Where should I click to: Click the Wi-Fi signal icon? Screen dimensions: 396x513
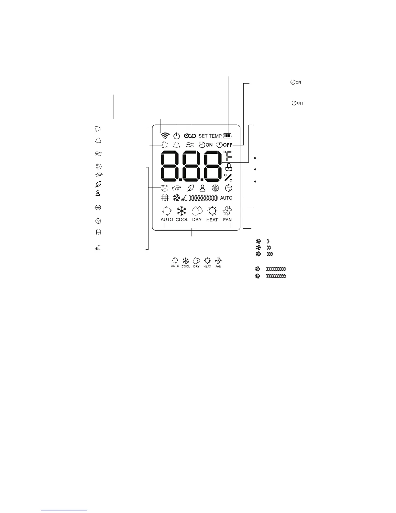pos(165,135)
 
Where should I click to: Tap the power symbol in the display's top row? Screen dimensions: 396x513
pos(176,136)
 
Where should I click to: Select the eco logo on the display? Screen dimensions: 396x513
pos(190,136)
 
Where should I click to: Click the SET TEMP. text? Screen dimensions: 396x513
pos(210,136)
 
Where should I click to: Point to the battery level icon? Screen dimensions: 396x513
pos(228,136)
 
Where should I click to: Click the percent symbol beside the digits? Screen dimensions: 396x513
pos(228,177)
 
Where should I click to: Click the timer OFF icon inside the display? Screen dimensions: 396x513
pos(224,145)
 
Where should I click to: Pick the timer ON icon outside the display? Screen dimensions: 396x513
pos(296,82)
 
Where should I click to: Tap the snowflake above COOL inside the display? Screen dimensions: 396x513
pos(182,211)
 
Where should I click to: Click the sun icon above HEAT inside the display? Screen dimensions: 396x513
pos(212,211)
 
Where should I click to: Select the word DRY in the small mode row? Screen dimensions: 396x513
pos(196,266)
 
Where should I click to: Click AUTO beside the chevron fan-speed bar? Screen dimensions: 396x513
pos(226,198)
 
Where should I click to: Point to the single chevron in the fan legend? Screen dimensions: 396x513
pos(268,241)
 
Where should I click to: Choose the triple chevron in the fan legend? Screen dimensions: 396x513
pos(270,254)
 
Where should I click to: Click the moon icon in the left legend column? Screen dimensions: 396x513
pos(99,166)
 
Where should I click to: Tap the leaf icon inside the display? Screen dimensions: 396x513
pos(190,188)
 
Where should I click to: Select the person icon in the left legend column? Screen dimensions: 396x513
pos(98,193)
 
